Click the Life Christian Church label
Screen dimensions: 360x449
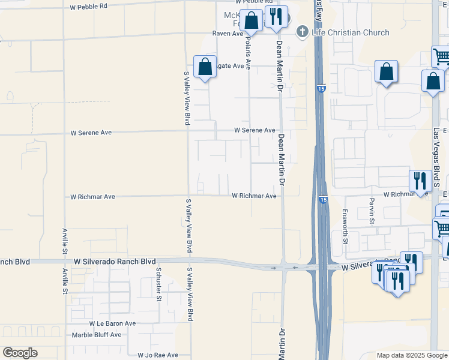pyautogui.click(x=351, y=32)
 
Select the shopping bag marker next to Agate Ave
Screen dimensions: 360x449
pyautogui.click(x=205, y=67)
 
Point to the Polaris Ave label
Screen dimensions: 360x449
pyautogui.click(x=248, y=53)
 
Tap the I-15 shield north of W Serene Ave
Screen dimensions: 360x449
pyautogui.click(x=322, y=89)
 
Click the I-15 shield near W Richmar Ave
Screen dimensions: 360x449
pyautogui.click(x=323, y=199)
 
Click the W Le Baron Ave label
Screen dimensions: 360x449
pyautogui.click(x=113, y=323)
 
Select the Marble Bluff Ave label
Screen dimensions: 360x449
pyautogui.click(x=96, y=335)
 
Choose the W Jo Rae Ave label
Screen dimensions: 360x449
pyautogui.click(x=158, y=355)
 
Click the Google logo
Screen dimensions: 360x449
pyautogui.click(x=20, y=353)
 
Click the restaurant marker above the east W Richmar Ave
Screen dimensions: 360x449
pyautogui.click(x=418, y=180)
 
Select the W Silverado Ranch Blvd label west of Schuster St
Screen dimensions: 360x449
pyautogui.click(x=115, y=262)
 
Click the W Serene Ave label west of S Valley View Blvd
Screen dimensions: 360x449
pyautogui.click(x=91, y=132)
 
